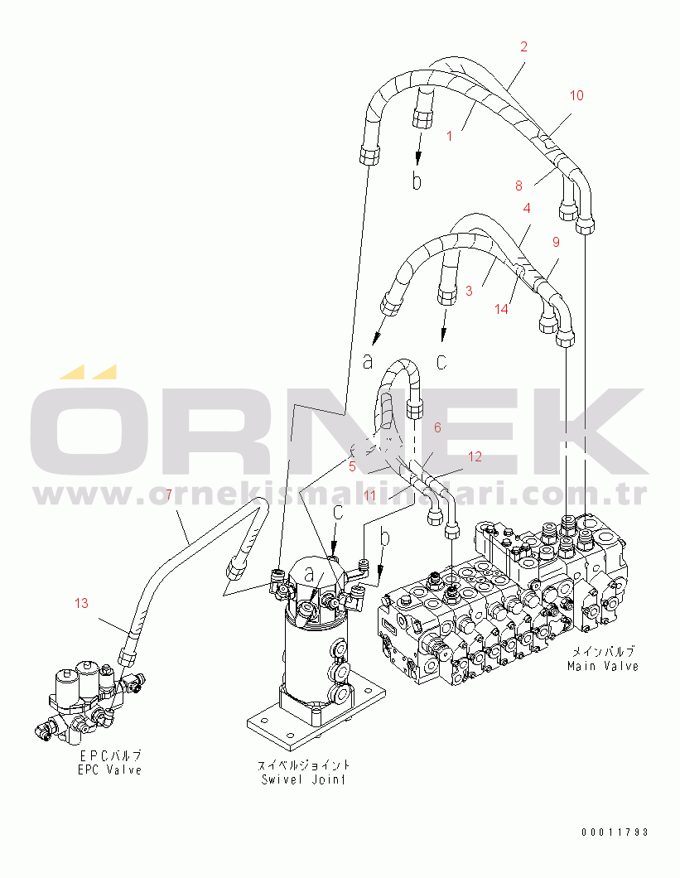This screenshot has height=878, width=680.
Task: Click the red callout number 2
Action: tap(523, 46)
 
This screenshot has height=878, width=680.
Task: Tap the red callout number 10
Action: tap(576, 96)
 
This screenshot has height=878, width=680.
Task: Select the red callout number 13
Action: tap(81, 603)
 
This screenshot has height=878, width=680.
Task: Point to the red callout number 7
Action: tap(169, 494)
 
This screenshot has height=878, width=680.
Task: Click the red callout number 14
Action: tap(501, 309)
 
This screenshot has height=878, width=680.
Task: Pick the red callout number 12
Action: tap(475, 457)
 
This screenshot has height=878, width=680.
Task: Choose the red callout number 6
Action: tap(437, 427)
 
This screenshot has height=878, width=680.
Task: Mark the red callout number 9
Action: tap(556, 242)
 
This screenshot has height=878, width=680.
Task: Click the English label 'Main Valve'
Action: tap(603, 666)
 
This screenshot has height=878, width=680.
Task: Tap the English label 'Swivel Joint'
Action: tap(303, 779)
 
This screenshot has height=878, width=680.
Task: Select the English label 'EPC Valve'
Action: tap(109, 770)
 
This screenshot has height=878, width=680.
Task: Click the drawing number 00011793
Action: tap(615, 832)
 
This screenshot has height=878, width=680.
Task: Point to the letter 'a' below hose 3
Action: tap(368, 362)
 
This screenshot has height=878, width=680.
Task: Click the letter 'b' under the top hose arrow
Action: tap(416, 181)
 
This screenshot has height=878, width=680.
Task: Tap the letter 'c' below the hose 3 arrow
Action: tap(441, 362)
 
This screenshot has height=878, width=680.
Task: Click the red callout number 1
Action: tap(449, 136)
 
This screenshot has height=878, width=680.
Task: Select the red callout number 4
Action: tap(527, 208)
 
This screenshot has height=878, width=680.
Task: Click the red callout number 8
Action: tap(518, 186)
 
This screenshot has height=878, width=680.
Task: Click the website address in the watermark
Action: tap(340, 495)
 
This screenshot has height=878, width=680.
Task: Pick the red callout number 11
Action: tap(369, 495)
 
